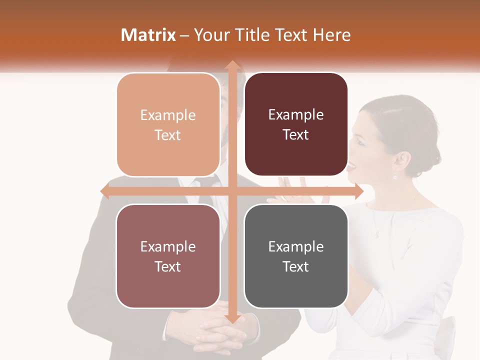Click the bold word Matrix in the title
coord(148,35)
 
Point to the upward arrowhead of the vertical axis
coord(232,65)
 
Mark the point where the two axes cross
coord(232,191)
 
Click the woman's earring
coord(395,176)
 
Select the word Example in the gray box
coord(296,246)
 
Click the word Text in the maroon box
coord(296,135)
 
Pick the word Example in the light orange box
coord(168,115)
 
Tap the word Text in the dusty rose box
coord(168,266)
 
